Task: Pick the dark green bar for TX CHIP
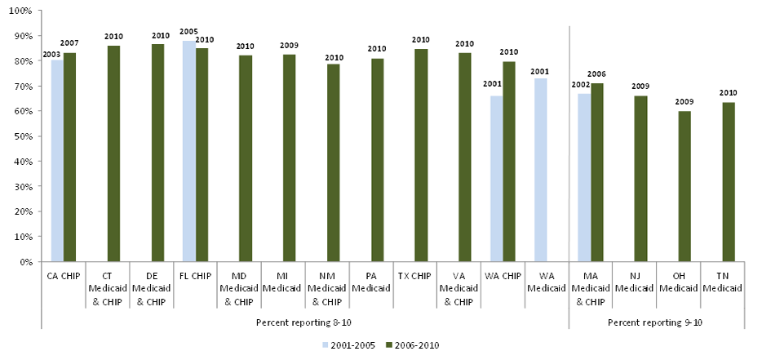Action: click(x=421, y=155)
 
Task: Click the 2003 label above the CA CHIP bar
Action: click(x=51, y=53)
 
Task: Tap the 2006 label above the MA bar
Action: click(x=598, y=74)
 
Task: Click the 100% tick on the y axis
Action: click(x=20, y=11)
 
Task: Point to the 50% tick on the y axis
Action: click(x=21, y=136)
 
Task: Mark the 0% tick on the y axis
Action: click(x=24, y=262)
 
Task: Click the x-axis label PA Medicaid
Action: click(x=371, y=282)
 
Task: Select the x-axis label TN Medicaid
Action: click(x=722, y=282)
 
